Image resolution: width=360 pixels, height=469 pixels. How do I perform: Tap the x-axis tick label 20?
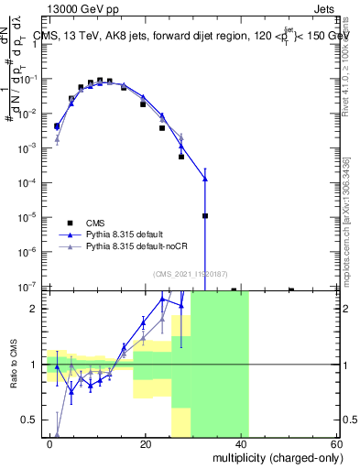point(146,443)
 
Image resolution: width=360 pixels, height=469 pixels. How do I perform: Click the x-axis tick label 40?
point(241,443)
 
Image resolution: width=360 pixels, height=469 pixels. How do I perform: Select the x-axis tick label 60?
point(336,443)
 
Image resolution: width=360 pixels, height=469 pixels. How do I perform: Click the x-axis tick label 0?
point(50,443)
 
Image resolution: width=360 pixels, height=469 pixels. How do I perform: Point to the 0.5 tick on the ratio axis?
point(34,420)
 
